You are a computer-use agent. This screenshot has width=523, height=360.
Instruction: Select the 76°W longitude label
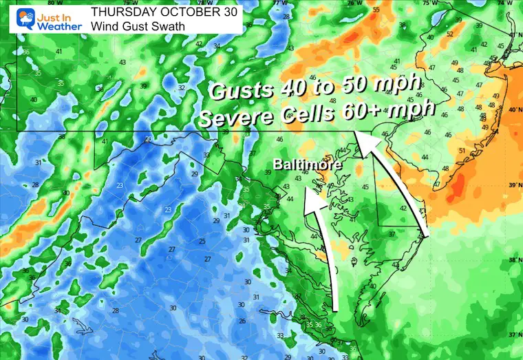[x=353, y=3]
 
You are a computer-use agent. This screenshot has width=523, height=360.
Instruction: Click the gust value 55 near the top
[x=375, y=10]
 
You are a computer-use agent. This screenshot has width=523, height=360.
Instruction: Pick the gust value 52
[x=449, y=34]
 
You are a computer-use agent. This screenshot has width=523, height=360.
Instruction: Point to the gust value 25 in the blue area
[x=202, y=241]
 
